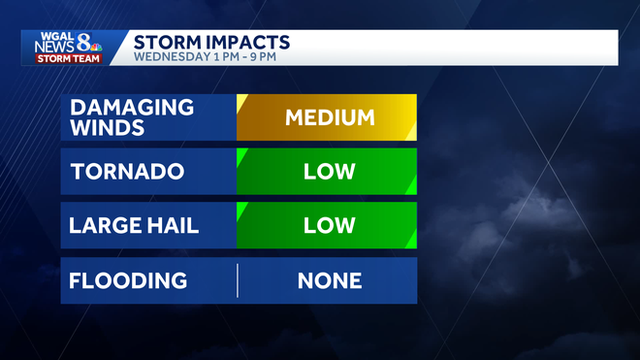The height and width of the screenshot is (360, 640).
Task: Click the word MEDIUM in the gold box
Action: click(329, 117)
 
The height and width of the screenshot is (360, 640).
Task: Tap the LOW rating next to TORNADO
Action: click(329, 172)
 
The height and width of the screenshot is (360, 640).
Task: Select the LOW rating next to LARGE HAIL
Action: click(329, 226)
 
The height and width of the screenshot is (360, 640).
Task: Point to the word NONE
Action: click(329, 280)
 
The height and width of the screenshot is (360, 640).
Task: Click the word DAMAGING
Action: click(132, 107)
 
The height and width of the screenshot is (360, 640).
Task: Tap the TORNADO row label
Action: click(127, 172)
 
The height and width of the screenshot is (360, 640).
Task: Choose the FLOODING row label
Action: click(128, 280)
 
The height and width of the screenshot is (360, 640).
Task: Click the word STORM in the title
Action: click(166, 42)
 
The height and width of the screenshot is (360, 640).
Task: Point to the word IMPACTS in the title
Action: click(246, 42)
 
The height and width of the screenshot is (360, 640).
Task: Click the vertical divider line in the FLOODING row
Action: click(238, 280)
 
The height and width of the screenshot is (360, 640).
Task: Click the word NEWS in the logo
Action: click(55, 47)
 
